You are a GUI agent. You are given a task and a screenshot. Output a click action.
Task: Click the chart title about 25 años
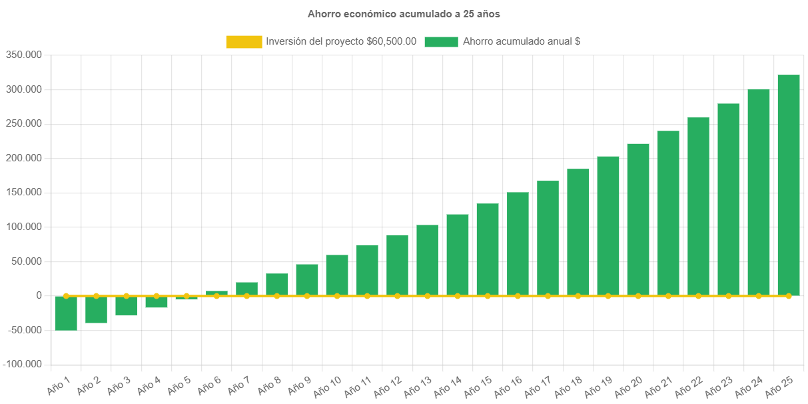click(404, 13)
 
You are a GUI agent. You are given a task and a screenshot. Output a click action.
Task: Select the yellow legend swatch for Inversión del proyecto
click(244, 42)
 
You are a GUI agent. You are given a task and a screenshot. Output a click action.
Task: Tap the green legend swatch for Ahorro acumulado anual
click(441, 42)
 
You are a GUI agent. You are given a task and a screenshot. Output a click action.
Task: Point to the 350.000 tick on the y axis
click(24, 55)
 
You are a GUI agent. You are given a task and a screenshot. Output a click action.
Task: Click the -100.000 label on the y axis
click(23, 364)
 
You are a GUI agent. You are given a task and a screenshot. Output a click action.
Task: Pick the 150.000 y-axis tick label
click(24, 192)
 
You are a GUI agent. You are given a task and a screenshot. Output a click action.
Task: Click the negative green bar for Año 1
click(66, 313)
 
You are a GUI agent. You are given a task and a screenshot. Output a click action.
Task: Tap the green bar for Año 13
click(428, 260)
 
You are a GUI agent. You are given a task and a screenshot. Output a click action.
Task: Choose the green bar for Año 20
click(638, 219)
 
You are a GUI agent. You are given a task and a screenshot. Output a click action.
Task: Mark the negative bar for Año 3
click(127, 305)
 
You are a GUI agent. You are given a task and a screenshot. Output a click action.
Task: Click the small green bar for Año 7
click(246, 289)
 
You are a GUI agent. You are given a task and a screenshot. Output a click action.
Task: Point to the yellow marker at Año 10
click(337, 295)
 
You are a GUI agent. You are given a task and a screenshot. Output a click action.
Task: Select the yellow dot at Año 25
click(789, 295)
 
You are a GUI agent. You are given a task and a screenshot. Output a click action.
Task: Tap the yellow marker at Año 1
click(66, 295)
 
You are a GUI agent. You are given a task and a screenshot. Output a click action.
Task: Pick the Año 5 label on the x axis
click(178, 385)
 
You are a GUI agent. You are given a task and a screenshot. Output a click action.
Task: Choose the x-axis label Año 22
click(689, 385)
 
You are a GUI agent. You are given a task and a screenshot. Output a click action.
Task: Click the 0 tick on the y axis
click(39, 295)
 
